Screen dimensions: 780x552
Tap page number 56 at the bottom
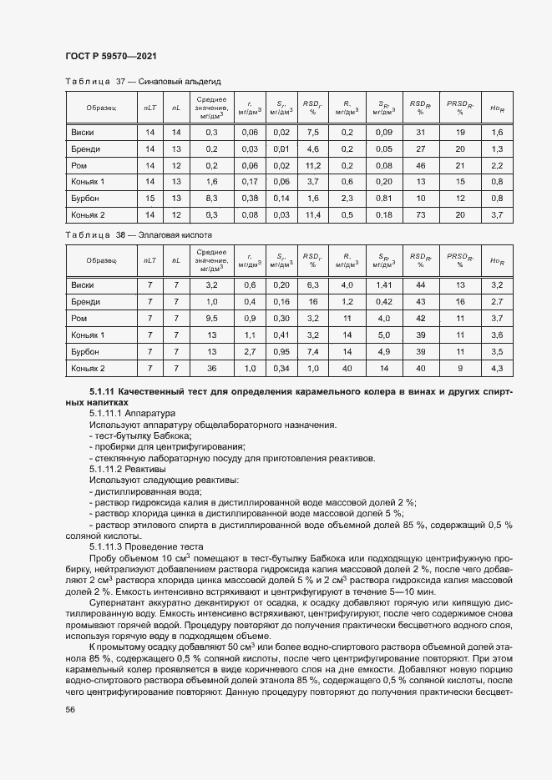70,709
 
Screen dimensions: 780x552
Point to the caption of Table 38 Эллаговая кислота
139,235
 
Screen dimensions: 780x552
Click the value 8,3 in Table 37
211,198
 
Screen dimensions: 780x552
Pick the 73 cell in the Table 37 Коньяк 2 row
421,214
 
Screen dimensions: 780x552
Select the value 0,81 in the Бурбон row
384,198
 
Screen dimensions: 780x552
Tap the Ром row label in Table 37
80,165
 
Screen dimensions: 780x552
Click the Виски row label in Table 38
83,285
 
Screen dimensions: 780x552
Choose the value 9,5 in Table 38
211,318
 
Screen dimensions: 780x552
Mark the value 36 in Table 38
211,368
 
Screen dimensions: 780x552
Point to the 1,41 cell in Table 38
384,285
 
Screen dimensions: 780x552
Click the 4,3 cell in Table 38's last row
497,368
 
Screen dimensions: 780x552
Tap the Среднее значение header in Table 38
211,260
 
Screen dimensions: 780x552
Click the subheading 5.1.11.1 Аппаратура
133,413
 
